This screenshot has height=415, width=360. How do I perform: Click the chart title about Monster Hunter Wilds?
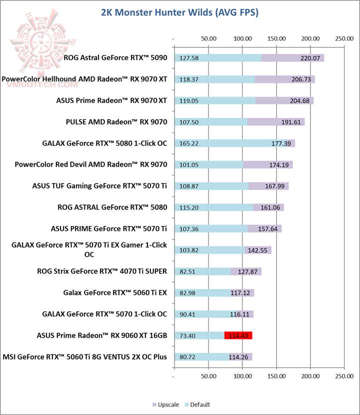179,13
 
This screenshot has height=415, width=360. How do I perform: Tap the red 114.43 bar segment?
238,335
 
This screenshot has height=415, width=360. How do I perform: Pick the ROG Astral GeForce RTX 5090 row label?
115,57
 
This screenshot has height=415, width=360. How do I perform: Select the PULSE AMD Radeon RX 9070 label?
116,121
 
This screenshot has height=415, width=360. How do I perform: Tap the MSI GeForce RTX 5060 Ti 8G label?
85,357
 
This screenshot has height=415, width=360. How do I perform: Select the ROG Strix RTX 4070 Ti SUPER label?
102,271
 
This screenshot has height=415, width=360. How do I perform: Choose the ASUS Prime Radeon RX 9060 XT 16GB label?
102,335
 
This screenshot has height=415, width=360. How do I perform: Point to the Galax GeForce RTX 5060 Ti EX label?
115,293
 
